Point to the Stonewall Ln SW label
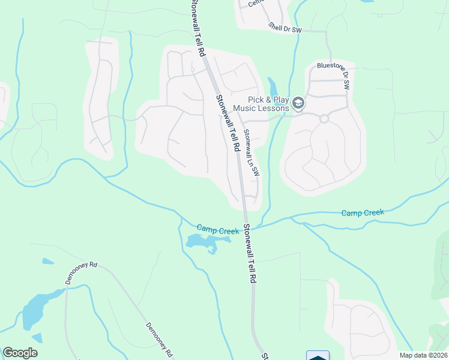coord(250,154)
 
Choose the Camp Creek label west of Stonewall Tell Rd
coord(218,229)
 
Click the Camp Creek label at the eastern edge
coord(363,212)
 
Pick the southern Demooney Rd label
coord(160,339)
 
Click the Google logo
coord(20,353)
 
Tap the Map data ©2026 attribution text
coord(423,355)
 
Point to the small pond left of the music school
coord(273,87)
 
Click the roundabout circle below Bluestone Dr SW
coord(324,119)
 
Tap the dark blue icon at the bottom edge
coord(318,356)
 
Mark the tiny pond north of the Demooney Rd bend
coord(47,261)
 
